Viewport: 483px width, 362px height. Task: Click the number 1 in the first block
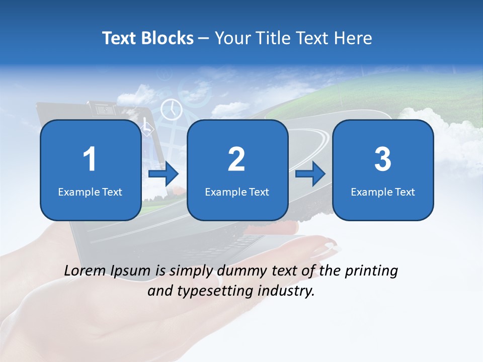(90, 160)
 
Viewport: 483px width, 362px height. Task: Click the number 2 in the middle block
(236, 160)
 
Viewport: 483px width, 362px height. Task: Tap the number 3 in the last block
(383, 160)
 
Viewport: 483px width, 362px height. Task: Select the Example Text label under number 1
(90, 192)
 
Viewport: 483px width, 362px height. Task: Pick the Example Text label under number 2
(237, 192)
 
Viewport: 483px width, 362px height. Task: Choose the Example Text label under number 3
(383, 192)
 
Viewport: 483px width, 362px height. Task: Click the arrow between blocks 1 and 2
(164, 174)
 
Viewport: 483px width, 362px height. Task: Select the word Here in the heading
(353, 38)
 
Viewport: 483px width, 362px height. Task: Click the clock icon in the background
(171, 109)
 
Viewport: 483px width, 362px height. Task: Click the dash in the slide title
(204, 39)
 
